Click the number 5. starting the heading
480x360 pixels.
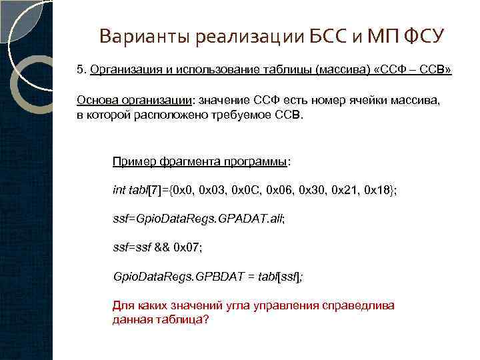click(81, 69)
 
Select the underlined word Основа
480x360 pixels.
click(97, 100)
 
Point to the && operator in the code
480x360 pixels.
click(162, 247)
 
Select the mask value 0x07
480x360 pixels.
click(187, 247)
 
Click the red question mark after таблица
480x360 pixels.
click(205, 319)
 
